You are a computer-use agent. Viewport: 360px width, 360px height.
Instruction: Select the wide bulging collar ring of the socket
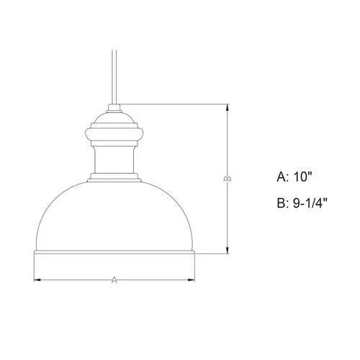tap(114, 133)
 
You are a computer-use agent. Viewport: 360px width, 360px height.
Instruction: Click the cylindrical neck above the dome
tap(114, 159)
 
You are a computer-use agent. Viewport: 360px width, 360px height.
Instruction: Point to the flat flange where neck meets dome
tap(114, 177)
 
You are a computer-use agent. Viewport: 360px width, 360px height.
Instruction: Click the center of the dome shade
tap(114, 216)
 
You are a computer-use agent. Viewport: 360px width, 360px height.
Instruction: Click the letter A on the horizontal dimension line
tap(114, 280)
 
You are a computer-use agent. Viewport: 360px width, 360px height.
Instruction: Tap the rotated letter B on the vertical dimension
tap(228, 179)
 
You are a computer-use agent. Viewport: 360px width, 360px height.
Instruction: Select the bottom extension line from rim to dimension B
tap(212, 253)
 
